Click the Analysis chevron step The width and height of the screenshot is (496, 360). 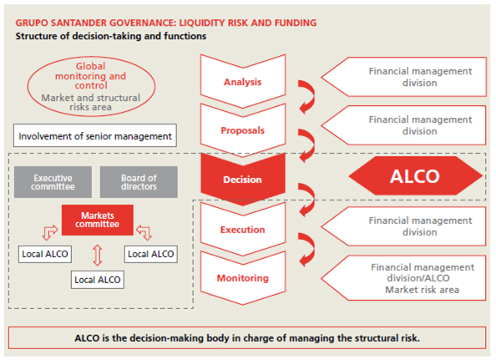[x=243, y=82]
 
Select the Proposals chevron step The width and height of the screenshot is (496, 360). [x=243, y=130]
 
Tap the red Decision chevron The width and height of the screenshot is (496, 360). [x=243, y=180]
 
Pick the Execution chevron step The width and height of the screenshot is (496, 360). [x=243, y=230]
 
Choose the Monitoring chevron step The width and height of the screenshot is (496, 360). [x=243, y=278]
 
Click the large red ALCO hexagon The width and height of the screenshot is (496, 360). [x=416, y=175]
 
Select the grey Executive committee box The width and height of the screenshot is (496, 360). [x=53, y=182]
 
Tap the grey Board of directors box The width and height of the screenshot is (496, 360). [x=139, y=182]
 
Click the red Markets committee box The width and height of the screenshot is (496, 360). [x=98, y=220]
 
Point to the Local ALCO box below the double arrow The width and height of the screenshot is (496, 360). [x=98, y=280]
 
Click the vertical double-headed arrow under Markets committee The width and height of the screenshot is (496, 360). [x=98, y=255]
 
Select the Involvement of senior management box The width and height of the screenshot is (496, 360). [x=95, y=135]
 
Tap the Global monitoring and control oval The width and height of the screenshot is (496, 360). [x=91, y=86]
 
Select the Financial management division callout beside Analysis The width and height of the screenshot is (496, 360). [x=403, y=77]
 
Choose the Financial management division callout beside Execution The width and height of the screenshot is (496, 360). [x=403, y=226]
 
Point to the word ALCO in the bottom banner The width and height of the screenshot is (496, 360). [x=87, y=338]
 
